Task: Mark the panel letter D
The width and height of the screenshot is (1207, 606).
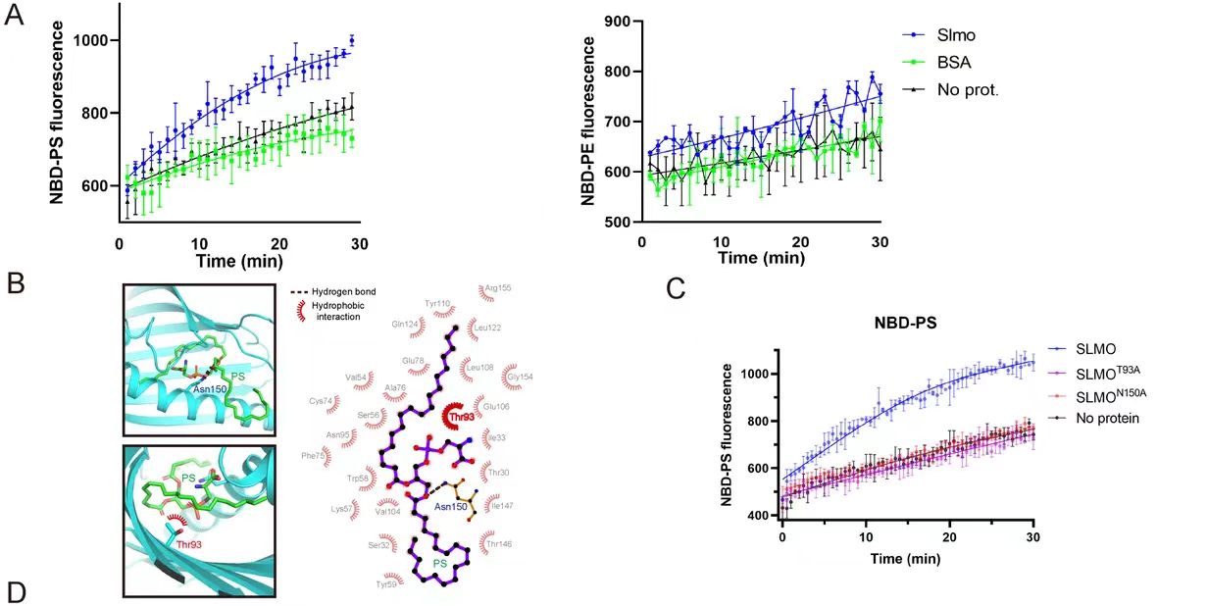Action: (15, 592)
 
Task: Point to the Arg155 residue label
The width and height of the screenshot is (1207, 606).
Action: (495, 288)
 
